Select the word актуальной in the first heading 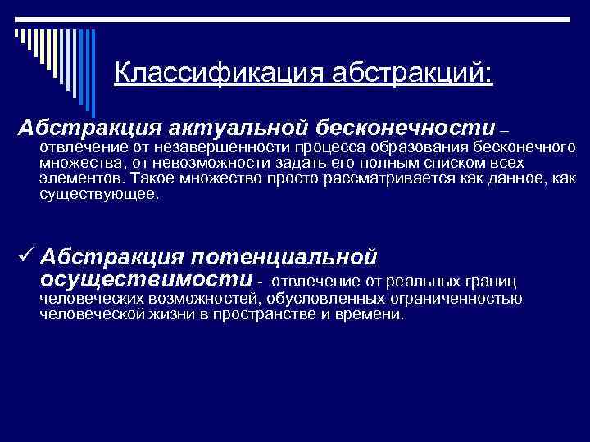(x=234, y=128)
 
